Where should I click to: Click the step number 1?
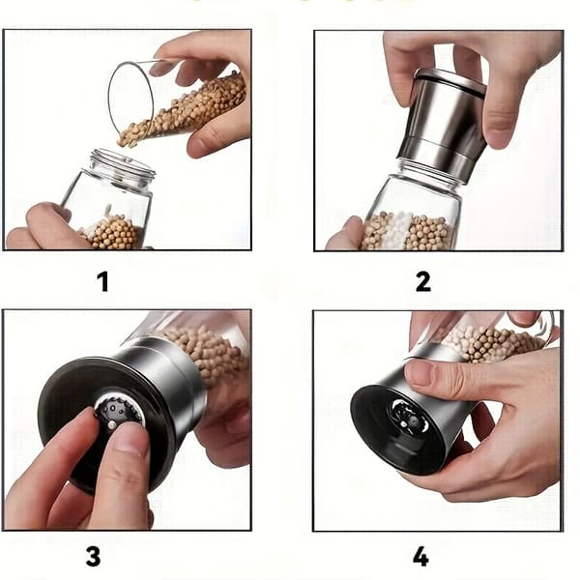pyautogui.click(x=103, y=281)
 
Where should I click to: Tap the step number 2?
pyautogui.click(x=423, y=281)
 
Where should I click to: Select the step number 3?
pyautogui.click(x=93, y=556)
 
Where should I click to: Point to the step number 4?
pyautogui.click(x=420, y=557)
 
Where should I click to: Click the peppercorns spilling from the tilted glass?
pyautogui.click(x=183, y=111)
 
